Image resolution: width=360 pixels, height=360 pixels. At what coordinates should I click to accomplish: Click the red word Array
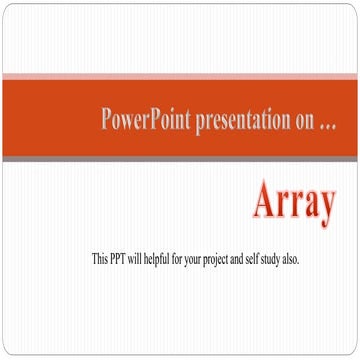click(x=292, y=203)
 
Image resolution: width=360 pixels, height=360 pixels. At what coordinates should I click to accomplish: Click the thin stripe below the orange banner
click(x=180, y=159)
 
